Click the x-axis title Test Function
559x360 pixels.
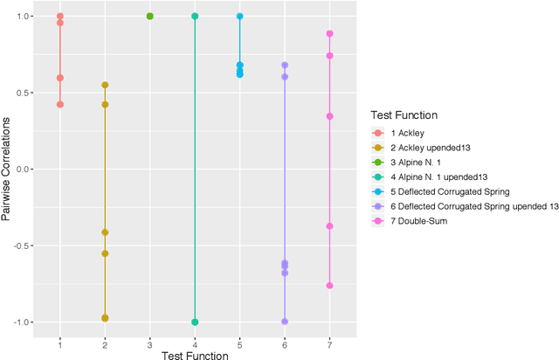(194, 355)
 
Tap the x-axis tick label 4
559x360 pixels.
(195, 343)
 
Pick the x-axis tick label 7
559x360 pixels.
(329, 343)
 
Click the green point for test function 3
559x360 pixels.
(149, 16)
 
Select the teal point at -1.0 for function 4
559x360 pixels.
(195, 322)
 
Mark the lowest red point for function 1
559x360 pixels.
(59, 104)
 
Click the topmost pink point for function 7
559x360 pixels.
(329, 34)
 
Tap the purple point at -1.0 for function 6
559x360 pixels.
(285, 322)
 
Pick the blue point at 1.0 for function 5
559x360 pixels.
(239, 16)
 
